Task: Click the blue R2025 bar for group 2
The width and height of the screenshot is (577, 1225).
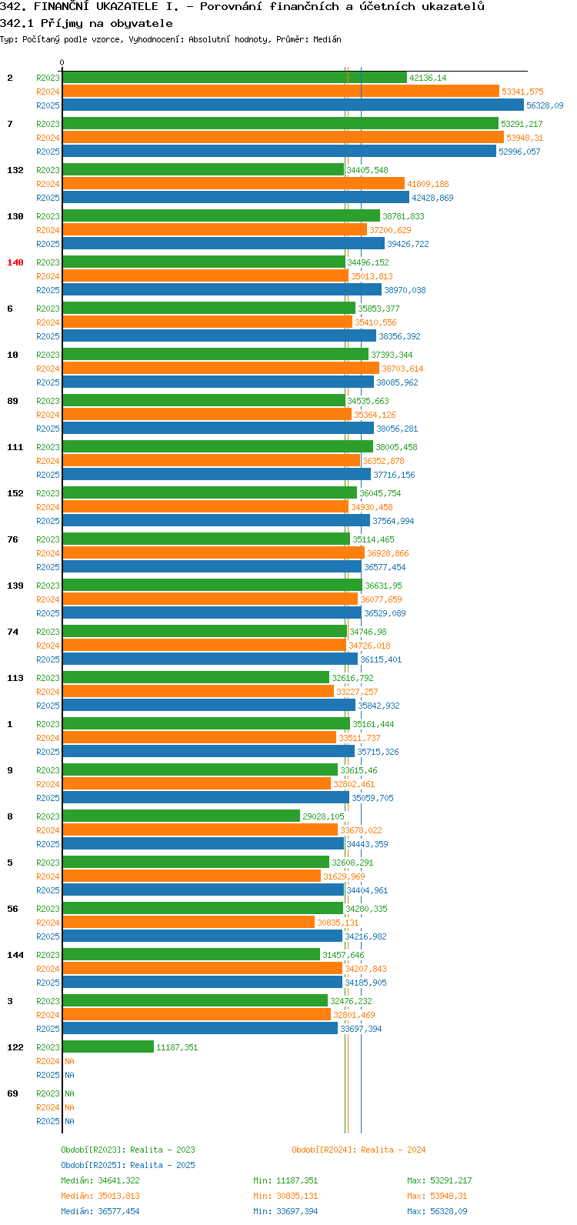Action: point(293,105)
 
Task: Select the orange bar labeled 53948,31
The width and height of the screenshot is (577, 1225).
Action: point(283,137)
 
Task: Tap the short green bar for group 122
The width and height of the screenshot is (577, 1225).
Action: point(108,1046)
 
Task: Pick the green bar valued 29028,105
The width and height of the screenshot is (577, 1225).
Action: point(182,816)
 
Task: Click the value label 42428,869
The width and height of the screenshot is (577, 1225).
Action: point(432,198)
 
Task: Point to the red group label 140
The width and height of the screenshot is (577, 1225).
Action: point(15,262)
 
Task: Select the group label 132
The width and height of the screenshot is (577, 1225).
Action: point(15,170)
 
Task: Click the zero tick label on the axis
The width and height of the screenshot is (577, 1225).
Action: point(62,62)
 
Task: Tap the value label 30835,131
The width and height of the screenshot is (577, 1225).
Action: point(338,923)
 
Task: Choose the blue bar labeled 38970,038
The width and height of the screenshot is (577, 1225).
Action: point(222,290)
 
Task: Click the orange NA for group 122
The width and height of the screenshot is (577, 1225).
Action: point(69,1061)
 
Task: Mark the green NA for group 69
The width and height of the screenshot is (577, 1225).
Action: point(69,1093)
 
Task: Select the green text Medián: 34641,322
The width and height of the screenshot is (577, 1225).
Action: point(100,1180)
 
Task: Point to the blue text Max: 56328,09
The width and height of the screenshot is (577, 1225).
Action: point(437,1211)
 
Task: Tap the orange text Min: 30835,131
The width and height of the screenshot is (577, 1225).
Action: point(285,1196)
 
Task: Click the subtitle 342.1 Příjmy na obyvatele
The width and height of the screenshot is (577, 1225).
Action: point(86,24)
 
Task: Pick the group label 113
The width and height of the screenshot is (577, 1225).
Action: point(15,678)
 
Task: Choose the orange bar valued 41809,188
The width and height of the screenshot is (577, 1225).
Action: point(234,184)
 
